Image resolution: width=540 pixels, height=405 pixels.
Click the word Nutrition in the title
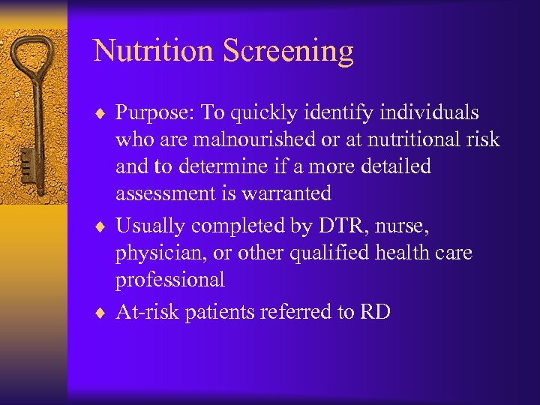[x=153, y=51]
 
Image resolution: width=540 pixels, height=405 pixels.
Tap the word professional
[x=170, y=280]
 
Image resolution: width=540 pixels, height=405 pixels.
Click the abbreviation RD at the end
[x=375, y=312]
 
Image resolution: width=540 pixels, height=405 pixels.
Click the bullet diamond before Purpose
[x=103, y=113]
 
